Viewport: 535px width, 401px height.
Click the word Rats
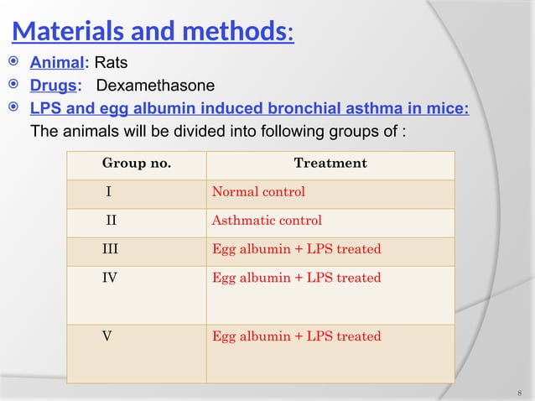[111, 63]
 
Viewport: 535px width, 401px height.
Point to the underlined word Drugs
[55, 86]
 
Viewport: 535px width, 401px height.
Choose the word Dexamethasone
[155, 86]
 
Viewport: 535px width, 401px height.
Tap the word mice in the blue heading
[451, 108]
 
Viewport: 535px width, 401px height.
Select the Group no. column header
[136, 164]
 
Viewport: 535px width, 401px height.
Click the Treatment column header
[330, 164]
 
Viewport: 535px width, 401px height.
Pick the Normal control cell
[258, 192]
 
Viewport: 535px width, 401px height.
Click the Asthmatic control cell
[267, 221]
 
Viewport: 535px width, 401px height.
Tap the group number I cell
[108, 192]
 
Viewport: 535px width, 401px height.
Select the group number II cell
[110, 221]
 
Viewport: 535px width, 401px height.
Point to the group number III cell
[110, 249]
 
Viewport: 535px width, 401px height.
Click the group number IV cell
[110, 278]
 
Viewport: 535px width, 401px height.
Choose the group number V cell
[107, 336]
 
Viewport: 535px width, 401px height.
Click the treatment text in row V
[296, 336]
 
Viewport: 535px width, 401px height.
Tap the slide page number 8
[520, 392]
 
